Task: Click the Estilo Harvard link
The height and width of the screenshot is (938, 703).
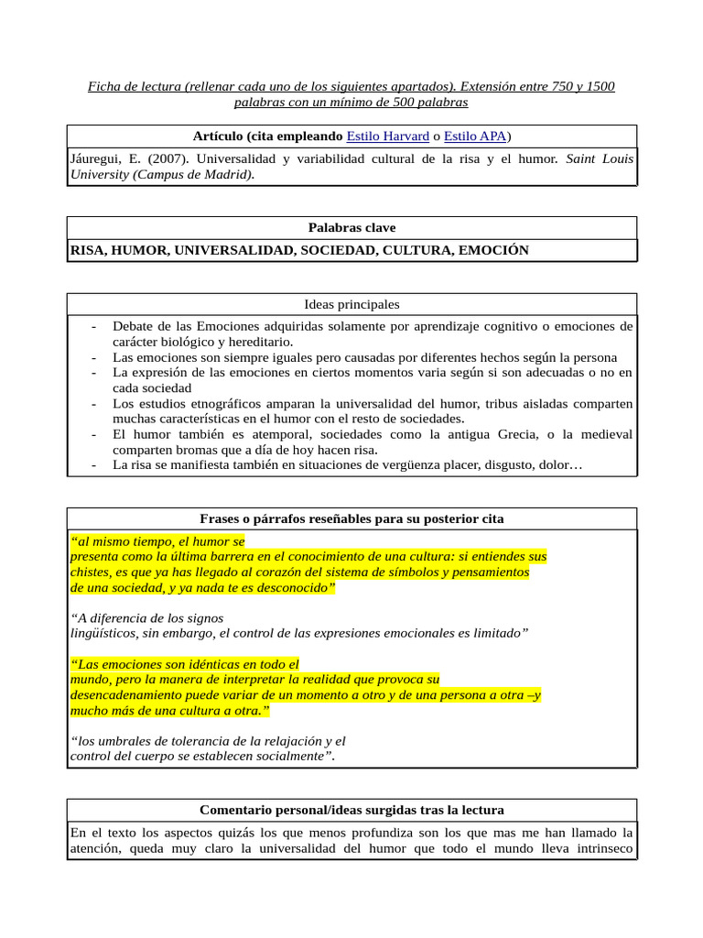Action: click(x=388, y=136)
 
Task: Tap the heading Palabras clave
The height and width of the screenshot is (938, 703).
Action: click(x=351, y=228)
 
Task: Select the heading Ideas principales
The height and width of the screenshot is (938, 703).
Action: click(x=351, y=304)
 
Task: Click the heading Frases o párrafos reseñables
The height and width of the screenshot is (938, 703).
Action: click(x=351, y=519)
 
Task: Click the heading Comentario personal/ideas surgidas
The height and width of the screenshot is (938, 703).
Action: click(x=351, y=811)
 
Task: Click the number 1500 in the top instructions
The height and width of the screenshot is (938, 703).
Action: click(x=598, y=87)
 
